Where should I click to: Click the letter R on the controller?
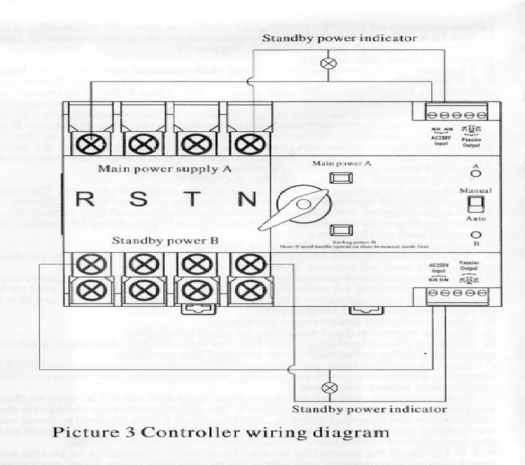[86, 201]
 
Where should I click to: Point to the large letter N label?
[249, 201]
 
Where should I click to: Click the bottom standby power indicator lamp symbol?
[330, 388]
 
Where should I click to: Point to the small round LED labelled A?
[475, 174]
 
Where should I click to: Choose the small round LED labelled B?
[475, 235]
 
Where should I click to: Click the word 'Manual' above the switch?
[475, 191]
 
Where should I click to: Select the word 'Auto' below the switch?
[475, 219]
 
